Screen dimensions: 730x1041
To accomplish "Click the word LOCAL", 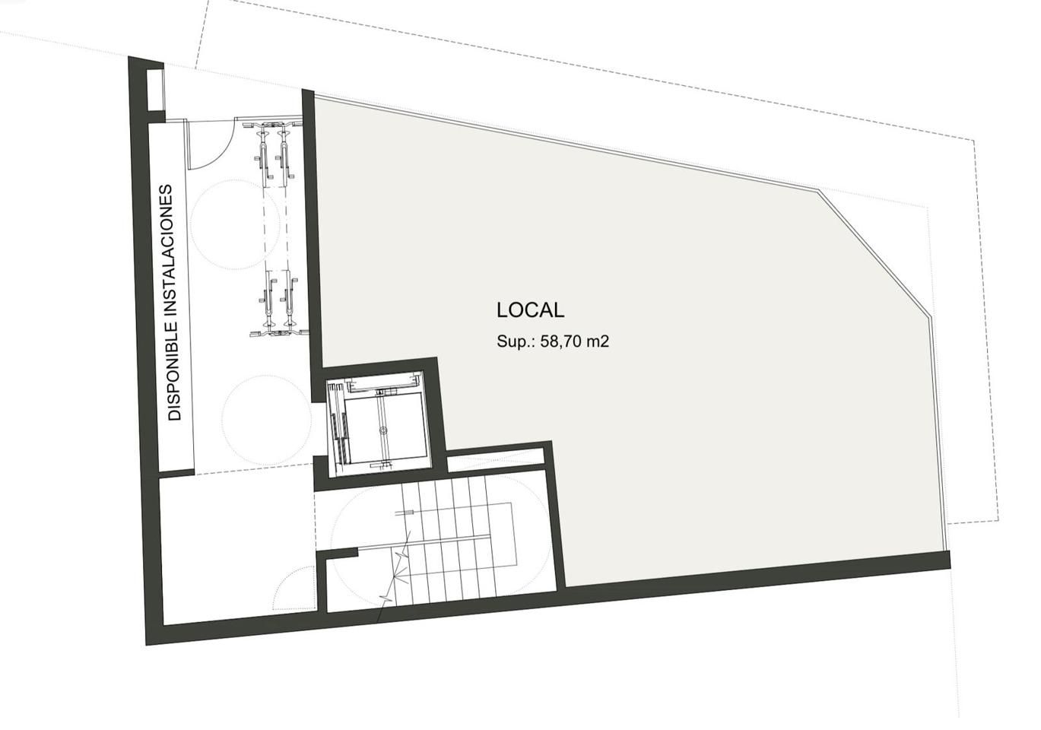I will click(530, 310).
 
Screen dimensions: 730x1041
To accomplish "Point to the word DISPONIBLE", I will click(175, 373).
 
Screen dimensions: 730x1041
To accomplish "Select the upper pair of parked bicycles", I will click(274, 152).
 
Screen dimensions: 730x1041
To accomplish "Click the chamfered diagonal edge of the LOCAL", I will click(874, 251).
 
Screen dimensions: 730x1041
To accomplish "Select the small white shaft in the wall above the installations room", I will click(155, 90).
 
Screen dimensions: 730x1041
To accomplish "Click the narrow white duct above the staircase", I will click(495, 459).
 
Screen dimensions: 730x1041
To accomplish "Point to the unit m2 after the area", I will click(599, 341).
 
